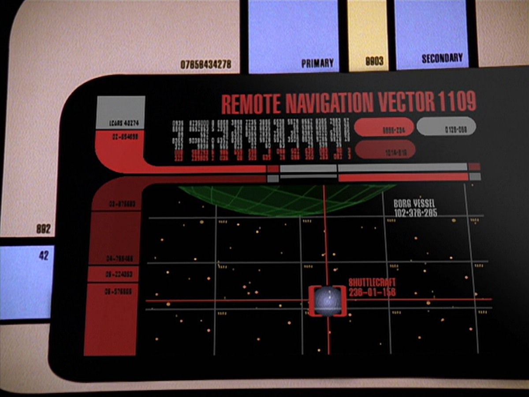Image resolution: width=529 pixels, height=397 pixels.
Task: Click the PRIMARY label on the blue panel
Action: click(x=317, y=63)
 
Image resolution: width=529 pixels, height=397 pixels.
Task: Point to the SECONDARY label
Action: click(x=442, y=58)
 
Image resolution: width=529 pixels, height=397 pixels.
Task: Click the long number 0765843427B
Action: click(x=206, y=64)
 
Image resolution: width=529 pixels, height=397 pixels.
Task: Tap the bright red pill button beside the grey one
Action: click(x=384, y=128)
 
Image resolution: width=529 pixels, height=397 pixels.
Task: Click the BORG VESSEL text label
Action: click(x=414, y=203)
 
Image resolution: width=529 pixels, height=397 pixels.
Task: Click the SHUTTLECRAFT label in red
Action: click(x=372, y=282)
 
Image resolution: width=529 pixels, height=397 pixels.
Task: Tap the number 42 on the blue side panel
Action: click(x=44, y=255)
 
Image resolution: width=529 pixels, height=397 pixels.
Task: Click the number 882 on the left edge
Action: click(x=43, y=229)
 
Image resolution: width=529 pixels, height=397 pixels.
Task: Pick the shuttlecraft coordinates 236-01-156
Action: click(x=372, y=292)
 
